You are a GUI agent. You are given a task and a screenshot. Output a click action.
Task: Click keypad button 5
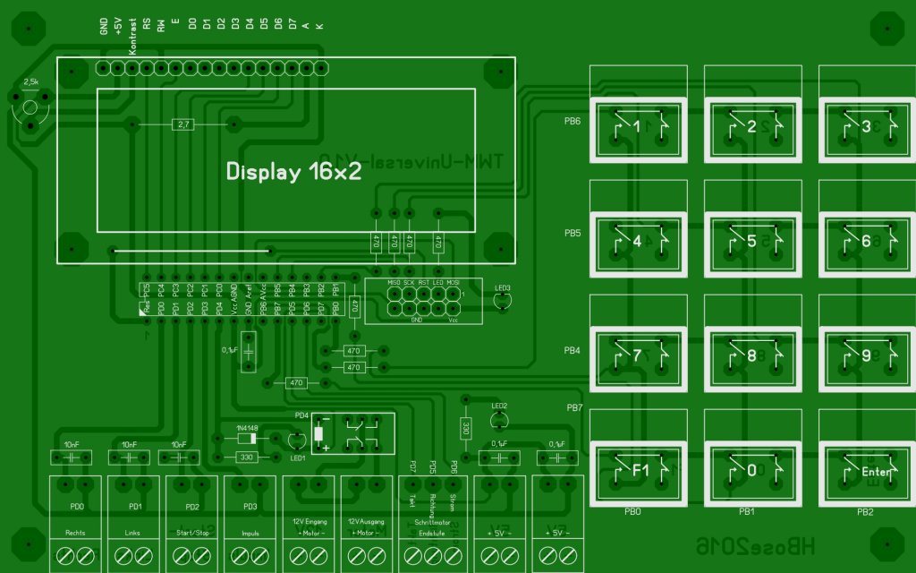click(751, 241)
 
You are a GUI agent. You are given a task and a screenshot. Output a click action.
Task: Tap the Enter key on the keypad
click(865, 470)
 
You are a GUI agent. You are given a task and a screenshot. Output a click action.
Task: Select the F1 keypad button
click(637, 470)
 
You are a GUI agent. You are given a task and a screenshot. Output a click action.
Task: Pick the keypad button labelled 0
click(751, 470)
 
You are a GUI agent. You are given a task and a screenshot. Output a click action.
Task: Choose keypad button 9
click(865, 355)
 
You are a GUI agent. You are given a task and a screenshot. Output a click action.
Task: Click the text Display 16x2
click(293, 172)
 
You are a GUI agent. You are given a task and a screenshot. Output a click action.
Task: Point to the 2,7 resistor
click(182, 124)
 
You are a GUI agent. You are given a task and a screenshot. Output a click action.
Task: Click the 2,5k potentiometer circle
click(30, 108)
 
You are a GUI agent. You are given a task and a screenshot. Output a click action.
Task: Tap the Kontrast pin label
click(132, 38)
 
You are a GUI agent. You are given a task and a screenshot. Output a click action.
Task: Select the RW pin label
click(162, 26)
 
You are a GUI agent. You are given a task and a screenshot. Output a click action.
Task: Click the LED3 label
click(503, 288)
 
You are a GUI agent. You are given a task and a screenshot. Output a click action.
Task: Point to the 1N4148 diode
click(246, 438)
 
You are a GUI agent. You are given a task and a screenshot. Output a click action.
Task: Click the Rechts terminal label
click(76, 534)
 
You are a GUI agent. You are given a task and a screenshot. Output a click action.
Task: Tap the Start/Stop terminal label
click(192, 534)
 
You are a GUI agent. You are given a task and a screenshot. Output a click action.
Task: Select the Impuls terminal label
click(250, 534)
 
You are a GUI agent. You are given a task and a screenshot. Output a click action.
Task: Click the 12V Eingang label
click(309, 521)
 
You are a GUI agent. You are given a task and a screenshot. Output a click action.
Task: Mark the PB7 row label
click(575, 408)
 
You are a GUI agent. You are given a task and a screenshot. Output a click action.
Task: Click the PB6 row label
click(572, 120)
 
